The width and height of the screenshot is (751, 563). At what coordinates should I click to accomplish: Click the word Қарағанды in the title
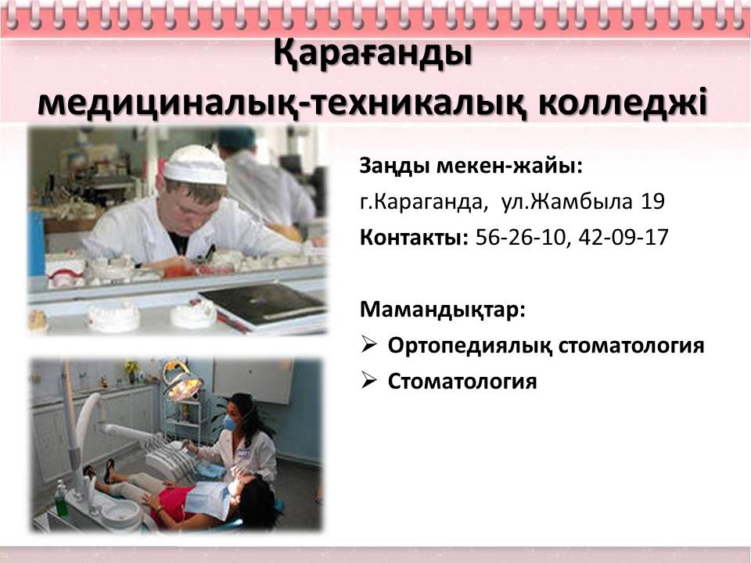point(372,55)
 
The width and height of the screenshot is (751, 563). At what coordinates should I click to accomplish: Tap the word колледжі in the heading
point(623,103)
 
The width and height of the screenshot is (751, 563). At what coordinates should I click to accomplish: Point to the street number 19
point(652,202)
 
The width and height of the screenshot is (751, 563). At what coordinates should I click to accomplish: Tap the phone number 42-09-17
point(623,238)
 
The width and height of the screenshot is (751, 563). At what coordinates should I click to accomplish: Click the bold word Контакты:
point(414,238)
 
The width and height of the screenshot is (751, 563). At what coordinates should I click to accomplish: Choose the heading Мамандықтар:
point(443,310)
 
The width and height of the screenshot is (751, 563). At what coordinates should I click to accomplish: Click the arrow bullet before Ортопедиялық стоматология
point(368,344)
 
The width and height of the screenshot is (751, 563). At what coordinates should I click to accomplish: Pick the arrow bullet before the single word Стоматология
point(368,380)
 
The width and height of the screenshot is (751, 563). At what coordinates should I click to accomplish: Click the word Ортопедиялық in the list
point(469,346)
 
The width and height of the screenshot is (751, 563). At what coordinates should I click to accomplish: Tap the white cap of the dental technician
point(196,165)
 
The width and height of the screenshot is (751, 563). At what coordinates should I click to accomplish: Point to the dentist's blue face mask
point(230,424)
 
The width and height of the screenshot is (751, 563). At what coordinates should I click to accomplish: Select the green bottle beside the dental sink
point(61,500)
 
